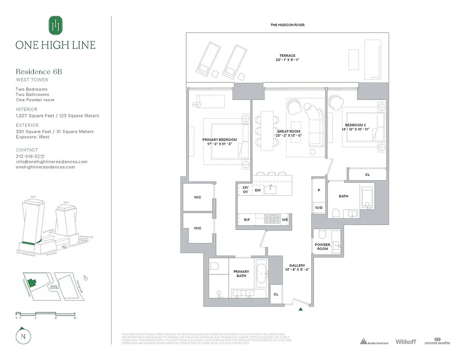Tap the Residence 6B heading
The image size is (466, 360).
click(39, 72)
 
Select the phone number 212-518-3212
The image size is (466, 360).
click(30, 156)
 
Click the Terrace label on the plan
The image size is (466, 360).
click(287, 56)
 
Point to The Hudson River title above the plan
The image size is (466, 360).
click(287, 25)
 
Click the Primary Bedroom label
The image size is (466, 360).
click(220, 140)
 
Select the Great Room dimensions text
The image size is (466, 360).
click(288, 135)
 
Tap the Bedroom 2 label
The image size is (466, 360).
click(356, 125)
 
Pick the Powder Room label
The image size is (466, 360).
click(322, 247)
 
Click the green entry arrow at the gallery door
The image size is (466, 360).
click(300, 309)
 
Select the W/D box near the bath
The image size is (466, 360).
click(318, 207)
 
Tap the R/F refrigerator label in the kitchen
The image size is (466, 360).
click(247, 220)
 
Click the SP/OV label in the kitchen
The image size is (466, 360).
click(245, 189)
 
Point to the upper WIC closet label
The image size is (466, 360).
click(197, 197)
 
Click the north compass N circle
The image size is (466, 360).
click(22, 336)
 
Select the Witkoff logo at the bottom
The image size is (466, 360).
click(407, 342)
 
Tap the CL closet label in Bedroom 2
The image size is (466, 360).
click(367, 175)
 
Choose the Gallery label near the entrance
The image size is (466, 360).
click(297, 265)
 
